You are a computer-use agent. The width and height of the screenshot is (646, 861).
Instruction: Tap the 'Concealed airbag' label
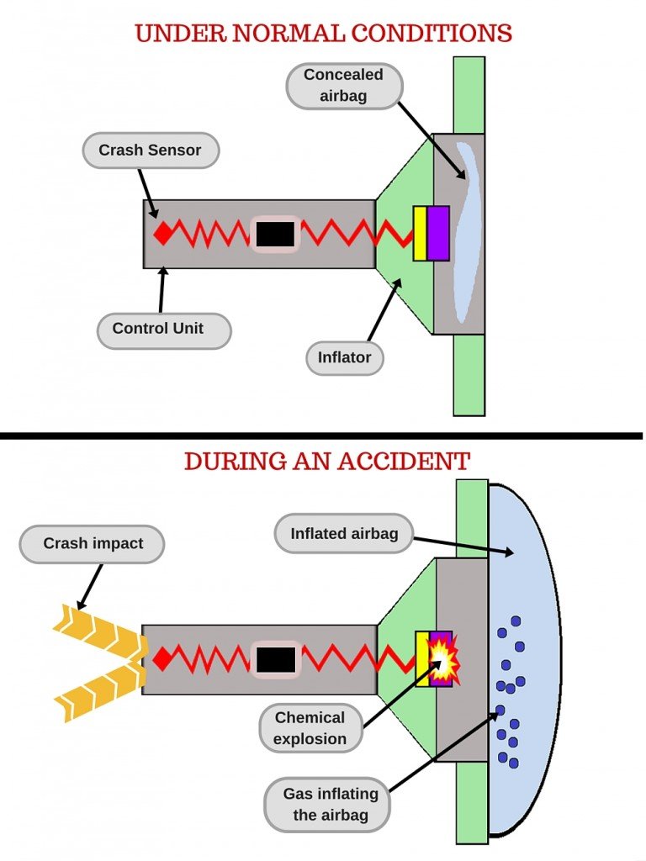[x=343, y=85]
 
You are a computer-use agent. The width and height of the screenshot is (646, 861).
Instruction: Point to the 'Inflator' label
[x=344, y=357]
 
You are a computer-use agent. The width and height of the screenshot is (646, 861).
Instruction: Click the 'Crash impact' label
[x=93, y=544]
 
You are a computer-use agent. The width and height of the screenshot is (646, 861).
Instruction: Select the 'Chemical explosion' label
[x=310, y=728]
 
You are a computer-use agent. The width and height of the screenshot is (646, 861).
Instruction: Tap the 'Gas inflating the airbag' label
[x=330, y=804]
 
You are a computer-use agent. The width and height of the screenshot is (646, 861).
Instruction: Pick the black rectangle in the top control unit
[x=274, y=234]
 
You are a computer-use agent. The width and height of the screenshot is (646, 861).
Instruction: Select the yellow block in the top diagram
[x=420, y=233]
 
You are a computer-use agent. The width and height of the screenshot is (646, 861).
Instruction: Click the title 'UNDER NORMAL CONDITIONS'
[x=323, y=34]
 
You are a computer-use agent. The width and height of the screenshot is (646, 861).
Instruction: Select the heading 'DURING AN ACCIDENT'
[x=326, y=461]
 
